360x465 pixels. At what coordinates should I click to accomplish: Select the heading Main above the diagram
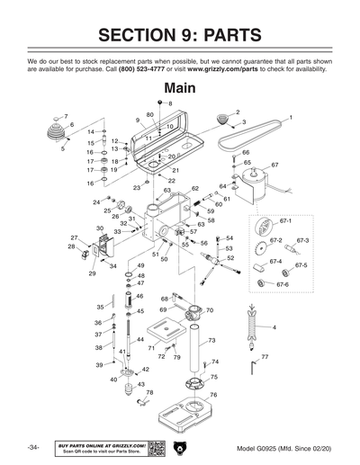pos(181,89)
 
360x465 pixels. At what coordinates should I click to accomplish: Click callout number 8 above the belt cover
pos(168,104)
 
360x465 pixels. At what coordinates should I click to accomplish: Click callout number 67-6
pos(282,285)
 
